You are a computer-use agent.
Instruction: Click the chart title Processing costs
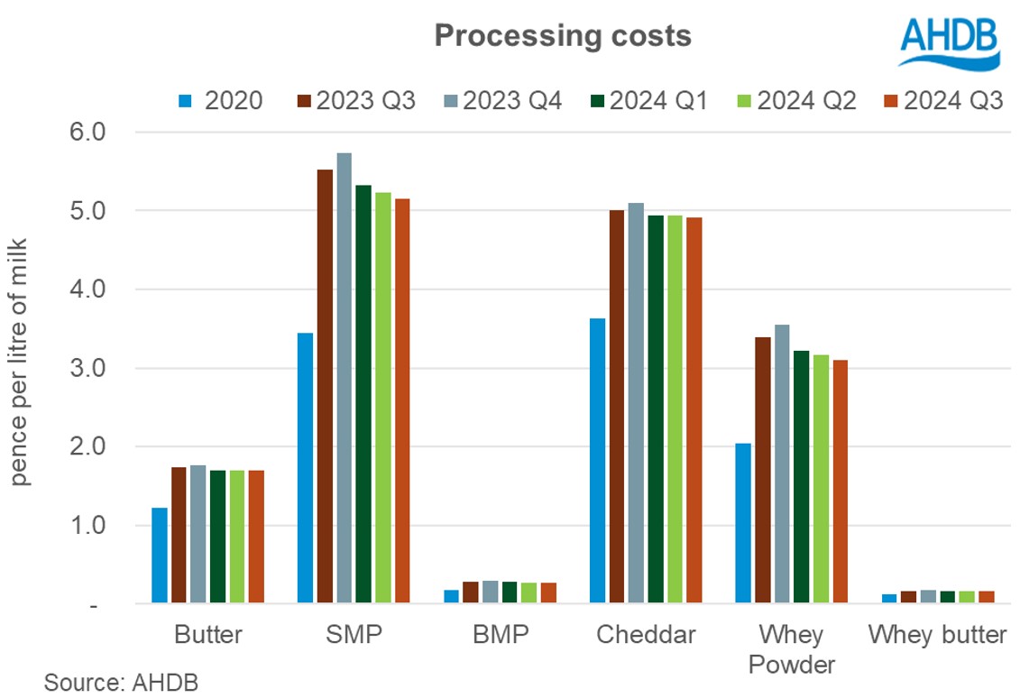click(563, 36)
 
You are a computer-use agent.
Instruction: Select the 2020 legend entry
click(221, 99)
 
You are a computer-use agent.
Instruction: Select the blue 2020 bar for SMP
click(305, 467)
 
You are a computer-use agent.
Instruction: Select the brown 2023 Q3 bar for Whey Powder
click(762, 469)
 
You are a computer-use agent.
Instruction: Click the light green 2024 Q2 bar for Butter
click(237, 536)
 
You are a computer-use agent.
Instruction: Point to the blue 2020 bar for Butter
click(160, 555)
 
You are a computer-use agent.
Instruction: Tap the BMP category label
click(501, 635)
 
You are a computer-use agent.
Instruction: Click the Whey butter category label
click(937, 635)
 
